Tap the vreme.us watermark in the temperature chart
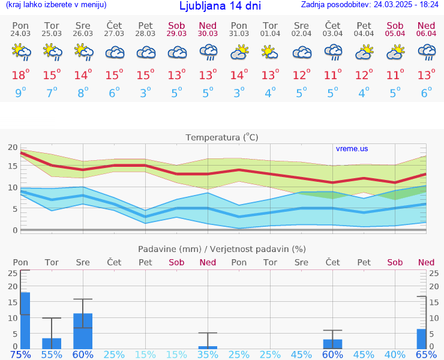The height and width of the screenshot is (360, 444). click(x=352, y=149)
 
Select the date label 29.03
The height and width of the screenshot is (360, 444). click(x=176, y=34)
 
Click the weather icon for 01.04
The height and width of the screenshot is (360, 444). click(x=270, y=53)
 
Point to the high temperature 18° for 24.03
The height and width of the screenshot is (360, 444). click(x=20, y=75)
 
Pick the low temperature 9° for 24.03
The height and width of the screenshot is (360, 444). click(x=20, y=93)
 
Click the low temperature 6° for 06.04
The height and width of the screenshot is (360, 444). click(x=426, y=93)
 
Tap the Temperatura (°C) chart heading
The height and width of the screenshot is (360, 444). click(x=222, y=137)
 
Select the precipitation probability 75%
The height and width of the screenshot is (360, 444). click(x=20, y=354)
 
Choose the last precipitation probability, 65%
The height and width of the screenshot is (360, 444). click(x=426, y=354)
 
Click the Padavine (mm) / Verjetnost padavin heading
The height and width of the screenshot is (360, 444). click(x=222, y=249)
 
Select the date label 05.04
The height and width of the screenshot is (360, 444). click(x=395, y=34)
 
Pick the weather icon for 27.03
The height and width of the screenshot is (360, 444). click(x=114, y=53)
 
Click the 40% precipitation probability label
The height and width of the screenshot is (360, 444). click(x=395, y=354)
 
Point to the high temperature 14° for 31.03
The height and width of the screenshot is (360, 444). click(x=239, y=75)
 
